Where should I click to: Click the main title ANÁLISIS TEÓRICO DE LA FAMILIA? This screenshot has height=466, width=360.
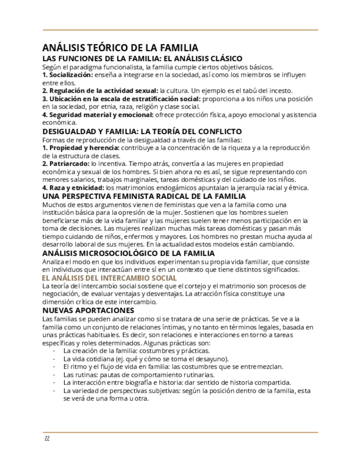(x=120, y=48)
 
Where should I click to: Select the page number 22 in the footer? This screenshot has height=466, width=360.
(x=47, y=439)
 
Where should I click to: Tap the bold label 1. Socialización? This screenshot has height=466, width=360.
(x=68, y=75)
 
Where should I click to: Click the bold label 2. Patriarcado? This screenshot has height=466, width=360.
(x=66, y=164)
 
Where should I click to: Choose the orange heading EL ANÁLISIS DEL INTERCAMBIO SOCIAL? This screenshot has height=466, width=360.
(x=109, y=278)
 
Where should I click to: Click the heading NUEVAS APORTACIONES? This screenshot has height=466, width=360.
(x=87, y=310)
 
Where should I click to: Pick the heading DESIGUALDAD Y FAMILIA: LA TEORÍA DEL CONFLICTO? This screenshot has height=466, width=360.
(x=142, y=132)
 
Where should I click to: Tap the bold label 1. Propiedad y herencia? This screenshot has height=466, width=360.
(x=81, y=148)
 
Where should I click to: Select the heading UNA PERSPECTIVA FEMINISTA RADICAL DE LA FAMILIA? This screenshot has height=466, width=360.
(x=144, y=196)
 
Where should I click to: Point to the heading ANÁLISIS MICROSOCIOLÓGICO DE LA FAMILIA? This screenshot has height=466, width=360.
(x=128, y=253)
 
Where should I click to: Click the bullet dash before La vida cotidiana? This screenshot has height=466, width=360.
(x=54, y=359)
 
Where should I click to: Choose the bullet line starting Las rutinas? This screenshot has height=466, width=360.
(x=139, y=375)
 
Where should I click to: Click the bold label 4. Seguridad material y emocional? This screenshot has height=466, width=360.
(x=98, y=115)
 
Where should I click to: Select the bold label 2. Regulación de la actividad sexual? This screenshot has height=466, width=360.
(x=100, y=91)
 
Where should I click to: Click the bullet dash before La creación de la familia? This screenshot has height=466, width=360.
(x=54, y=351)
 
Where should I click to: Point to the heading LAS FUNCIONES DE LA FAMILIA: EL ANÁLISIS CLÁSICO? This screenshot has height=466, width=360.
(x=142, y=59)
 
